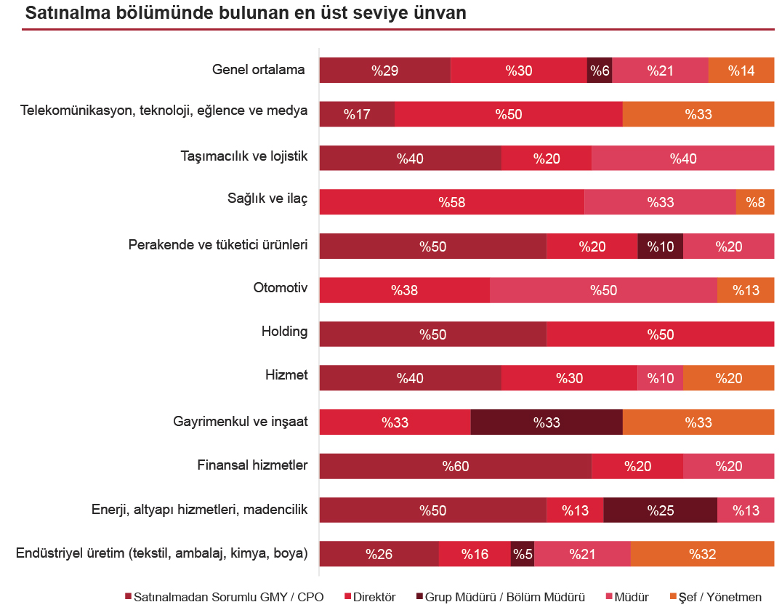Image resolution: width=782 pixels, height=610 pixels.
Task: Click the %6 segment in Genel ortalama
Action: [x=600, y=71]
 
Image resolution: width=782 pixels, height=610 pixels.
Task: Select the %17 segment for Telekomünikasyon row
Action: [x=357, y=114]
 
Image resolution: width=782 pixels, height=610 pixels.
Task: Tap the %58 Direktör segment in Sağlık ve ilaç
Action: [x=451, y=202]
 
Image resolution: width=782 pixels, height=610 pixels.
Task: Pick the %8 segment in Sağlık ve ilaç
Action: [x=755, y=202]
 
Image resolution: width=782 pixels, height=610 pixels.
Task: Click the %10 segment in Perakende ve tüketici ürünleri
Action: [x=660, y=246]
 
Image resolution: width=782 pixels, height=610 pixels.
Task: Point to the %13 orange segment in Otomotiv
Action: [x=746, y=290]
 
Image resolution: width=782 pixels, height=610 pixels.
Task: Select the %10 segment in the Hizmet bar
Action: [x=660, y=378]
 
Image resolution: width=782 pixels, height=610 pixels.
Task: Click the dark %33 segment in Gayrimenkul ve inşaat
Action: [x=547, y=422]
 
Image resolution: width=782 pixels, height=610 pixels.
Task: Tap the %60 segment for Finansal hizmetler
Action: [x=456, y=466]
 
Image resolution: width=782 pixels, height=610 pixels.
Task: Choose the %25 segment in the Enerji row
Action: [x=660, y=510]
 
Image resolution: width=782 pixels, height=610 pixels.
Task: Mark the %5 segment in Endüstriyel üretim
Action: [x=523, y=554]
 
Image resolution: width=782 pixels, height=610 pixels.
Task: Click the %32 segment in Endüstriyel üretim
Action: [x=702, y=554]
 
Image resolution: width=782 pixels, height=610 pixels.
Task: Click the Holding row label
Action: [x=284, y=332]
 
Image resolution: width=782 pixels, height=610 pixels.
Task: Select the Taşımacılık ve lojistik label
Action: [x=244, y=156]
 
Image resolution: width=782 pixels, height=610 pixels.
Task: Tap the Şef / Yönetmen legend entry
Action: [x=720, y=597]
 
